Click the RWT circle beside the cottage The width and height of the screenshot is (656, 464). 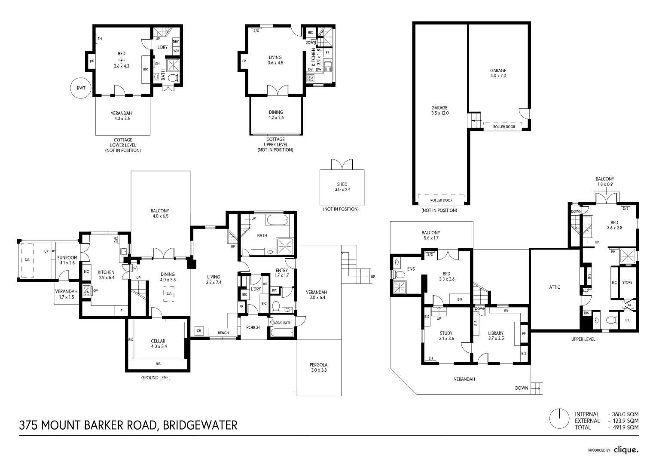pyautogui.click(x=81, y=88)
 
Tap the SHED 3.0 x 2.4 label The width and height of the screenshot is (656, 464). pyautogui.click(x=342, y=187)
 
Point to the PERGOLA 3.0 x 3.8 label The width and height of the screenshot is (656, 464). pyautogui.click(x=318, y=367)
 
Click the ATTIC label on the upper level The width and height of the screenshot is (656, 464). pyautogui.click(x=555, y=287)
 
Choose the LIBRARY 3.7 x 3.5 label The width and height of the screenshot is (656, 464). pyautogui.click(x=496, y=336)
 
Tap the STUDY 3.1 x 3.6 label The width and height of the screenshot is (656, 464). pyautogui.click(x=446, y=336)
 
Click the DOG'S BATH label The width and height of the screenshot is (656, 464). pyautogui.click(x=282, y=323)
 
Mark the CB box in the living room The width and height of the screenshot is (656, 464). pyautogui.click(x=199, y=331)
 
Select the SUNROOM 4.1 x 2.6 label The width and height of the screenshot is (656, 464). pyautogui.click(x=67, y=260)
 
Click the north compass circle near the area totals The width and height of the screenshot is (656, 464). pyautogui.click(x=560, y=418)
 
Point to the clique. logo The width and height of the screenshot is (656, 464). pyautogui.click(x=626, y=450)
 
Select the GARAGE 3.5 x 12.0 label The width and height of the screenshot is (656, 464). pyautogui.click(x=439, y=110)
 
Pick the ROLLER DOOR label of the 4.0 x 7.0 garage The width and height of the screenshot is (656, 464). pyautogui.click(x=504, y=127)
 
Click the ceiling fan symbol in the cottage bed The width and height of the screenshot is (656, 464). pyautogui.click(x=122, y=60)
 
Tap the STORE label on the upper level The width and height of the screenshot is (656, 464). pyautogui.click(x=627, y=282)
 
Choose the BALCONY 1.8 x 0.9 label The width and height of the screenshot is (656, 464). pyautogui.click(x=604, y=182)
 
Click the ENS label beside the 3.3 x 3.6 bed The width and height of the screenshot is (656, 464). pyautogui.click(x=411, y=269)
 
